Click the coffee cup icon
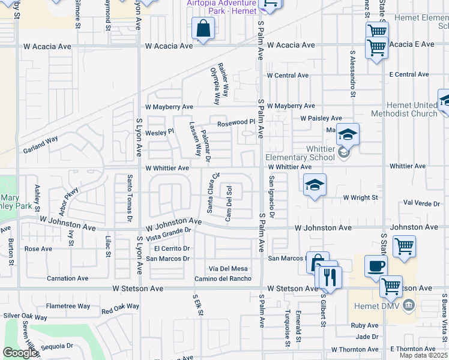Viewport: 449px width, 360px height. click(376, 266)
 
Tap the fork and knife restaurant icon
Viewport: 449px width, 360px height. click(328, 277)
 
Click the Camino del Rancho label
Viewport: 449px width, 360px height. click(223, 278)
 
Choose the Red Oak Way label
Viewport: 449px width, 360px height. click(120, 308)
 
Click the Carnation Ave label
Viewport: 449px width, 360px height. click(68, 278)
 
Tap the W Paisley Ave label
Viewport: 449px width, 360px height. click(321, 119)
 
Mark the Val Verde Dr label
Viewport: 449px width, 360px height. click(423, 203)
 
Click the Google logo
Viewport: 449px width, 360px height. click(20, 353)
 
